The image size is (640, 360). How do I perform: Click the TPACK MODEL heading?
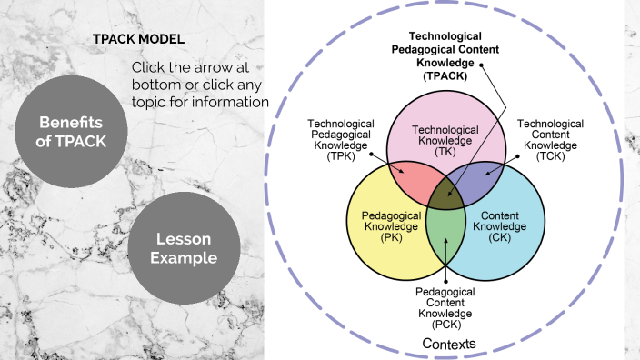pyautogui.click(x=138, y=41)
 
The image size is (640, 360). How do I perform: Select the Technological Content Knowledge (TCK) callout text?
pyautogui.click(x=550, y=140)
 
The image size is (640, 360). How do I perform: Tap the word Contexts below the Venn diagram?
pyautogui.click(x=449, y=343)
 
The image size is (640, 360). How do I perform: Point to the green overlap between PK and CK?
pyautogui.click(x=445, y=227)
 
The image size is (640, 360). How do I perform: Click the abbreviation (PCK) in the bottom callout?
pyautogui.click(x=445, y=324)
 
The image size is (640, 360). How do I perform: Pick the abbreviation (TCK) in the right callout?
pyautogui.click(x=550, y=156)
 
